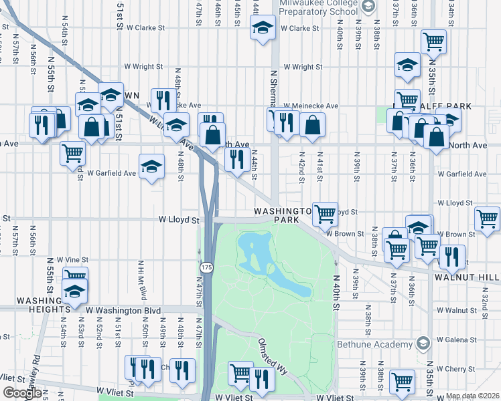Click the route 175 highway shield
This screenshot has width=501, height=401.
point(206,267)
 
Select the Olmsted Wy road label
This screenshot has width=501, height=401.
point(273,354)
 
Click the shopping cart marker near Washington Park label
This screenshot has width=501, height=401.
point(325,215)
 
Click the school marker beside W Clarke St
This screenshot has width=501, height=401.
point(263,28)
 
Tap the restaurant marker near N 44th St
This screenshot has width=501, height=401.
point(236,160)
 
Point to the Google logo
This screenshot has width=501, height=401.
point(22,393)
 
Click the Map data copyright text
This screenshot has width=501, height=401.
point(472,396)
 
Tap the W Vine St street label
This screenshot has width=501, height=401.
point(72,259)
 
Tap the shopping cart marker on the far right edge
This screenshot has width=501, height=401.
point(487,219)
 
